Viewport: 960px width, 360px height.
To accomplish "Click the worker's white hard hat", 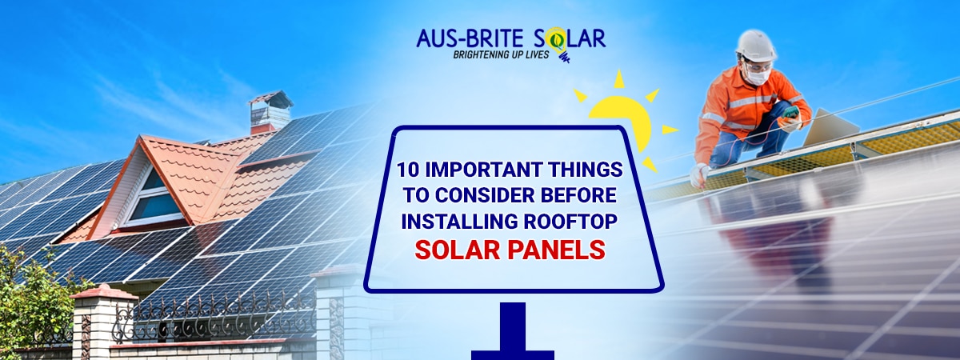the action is pyautogui.click(x=756, y=46).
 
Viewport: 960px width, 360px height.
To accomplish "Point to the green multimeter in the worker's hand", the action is pyautogui.click(x=791, y=113).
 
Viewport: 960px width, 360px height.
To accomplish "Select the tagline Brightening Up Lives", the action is pyautogui.click(x=501, y=54).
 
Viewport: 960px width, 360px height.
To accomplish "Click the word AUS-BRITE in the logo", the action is pyautogui.click(x=470, y=38).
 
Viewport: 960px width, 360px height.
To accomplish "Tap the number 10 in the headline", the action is pyautogui.click(x=407, y=170).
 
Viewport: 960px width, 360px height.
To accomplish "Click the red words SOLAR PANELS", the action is pyautogui.click(x=510, y=250).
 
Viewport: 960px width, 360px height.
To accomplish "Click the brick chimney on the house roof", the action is pyautogui.click(x=271, y=112).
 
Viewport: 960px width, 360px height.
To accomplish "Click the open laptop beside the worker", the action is pyautogui.click(x=830, y=127).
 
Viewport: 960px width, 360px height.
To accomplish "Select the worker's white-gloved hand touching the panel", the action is pyautogui.click(x=699, y=175).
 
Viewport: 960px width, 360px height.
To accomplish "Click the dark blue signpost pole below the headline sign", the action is pyautogui.click(x=513, y=331).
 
